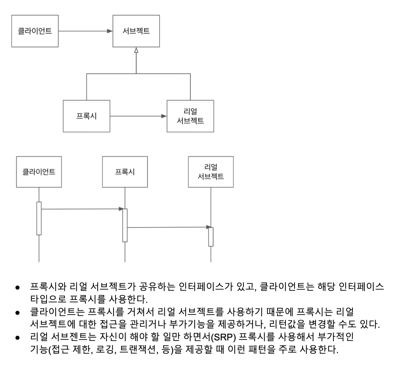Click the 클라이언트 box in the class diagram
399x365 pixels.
click(x=35, y=31)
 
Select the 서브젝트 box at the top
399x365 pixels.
click(x=136, y=31)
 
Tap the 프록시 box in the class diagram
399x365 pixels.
click(x=86, y=116)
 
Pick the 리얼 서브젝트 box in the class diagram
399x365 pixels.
click(x=190, y=116)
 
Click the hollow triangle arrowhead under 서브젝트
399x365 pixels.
click(x=136, y=50)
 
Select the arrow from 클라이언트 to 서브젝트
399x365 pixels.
click(x=85, y=31)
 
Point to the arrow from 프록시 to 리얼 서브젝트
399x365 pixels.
click(x=138, y=116)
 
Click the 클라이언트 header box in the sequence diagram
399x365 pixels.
click(x=39, y=172)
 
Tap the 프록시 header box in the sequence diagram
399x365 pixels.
click(x=125, y=172)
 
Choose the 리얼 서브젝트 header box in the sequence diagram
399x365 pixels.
click(x=211, y=172)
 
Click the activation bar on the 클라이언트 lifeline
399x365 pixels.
click(x=39, y=218)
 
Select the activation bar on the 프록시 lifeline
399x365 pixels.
click(x=125, y=225)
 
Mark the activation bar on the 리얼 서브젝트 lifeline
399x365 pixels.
click(x=211, y=237)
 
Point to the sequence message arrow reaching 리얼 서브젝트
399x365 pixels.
click(x=167, y=227)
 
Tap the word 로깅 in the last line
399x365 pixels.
click(x=105, y=350)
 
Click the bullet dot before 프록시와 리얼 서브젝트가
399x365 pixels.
click(x=17, y=287)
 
